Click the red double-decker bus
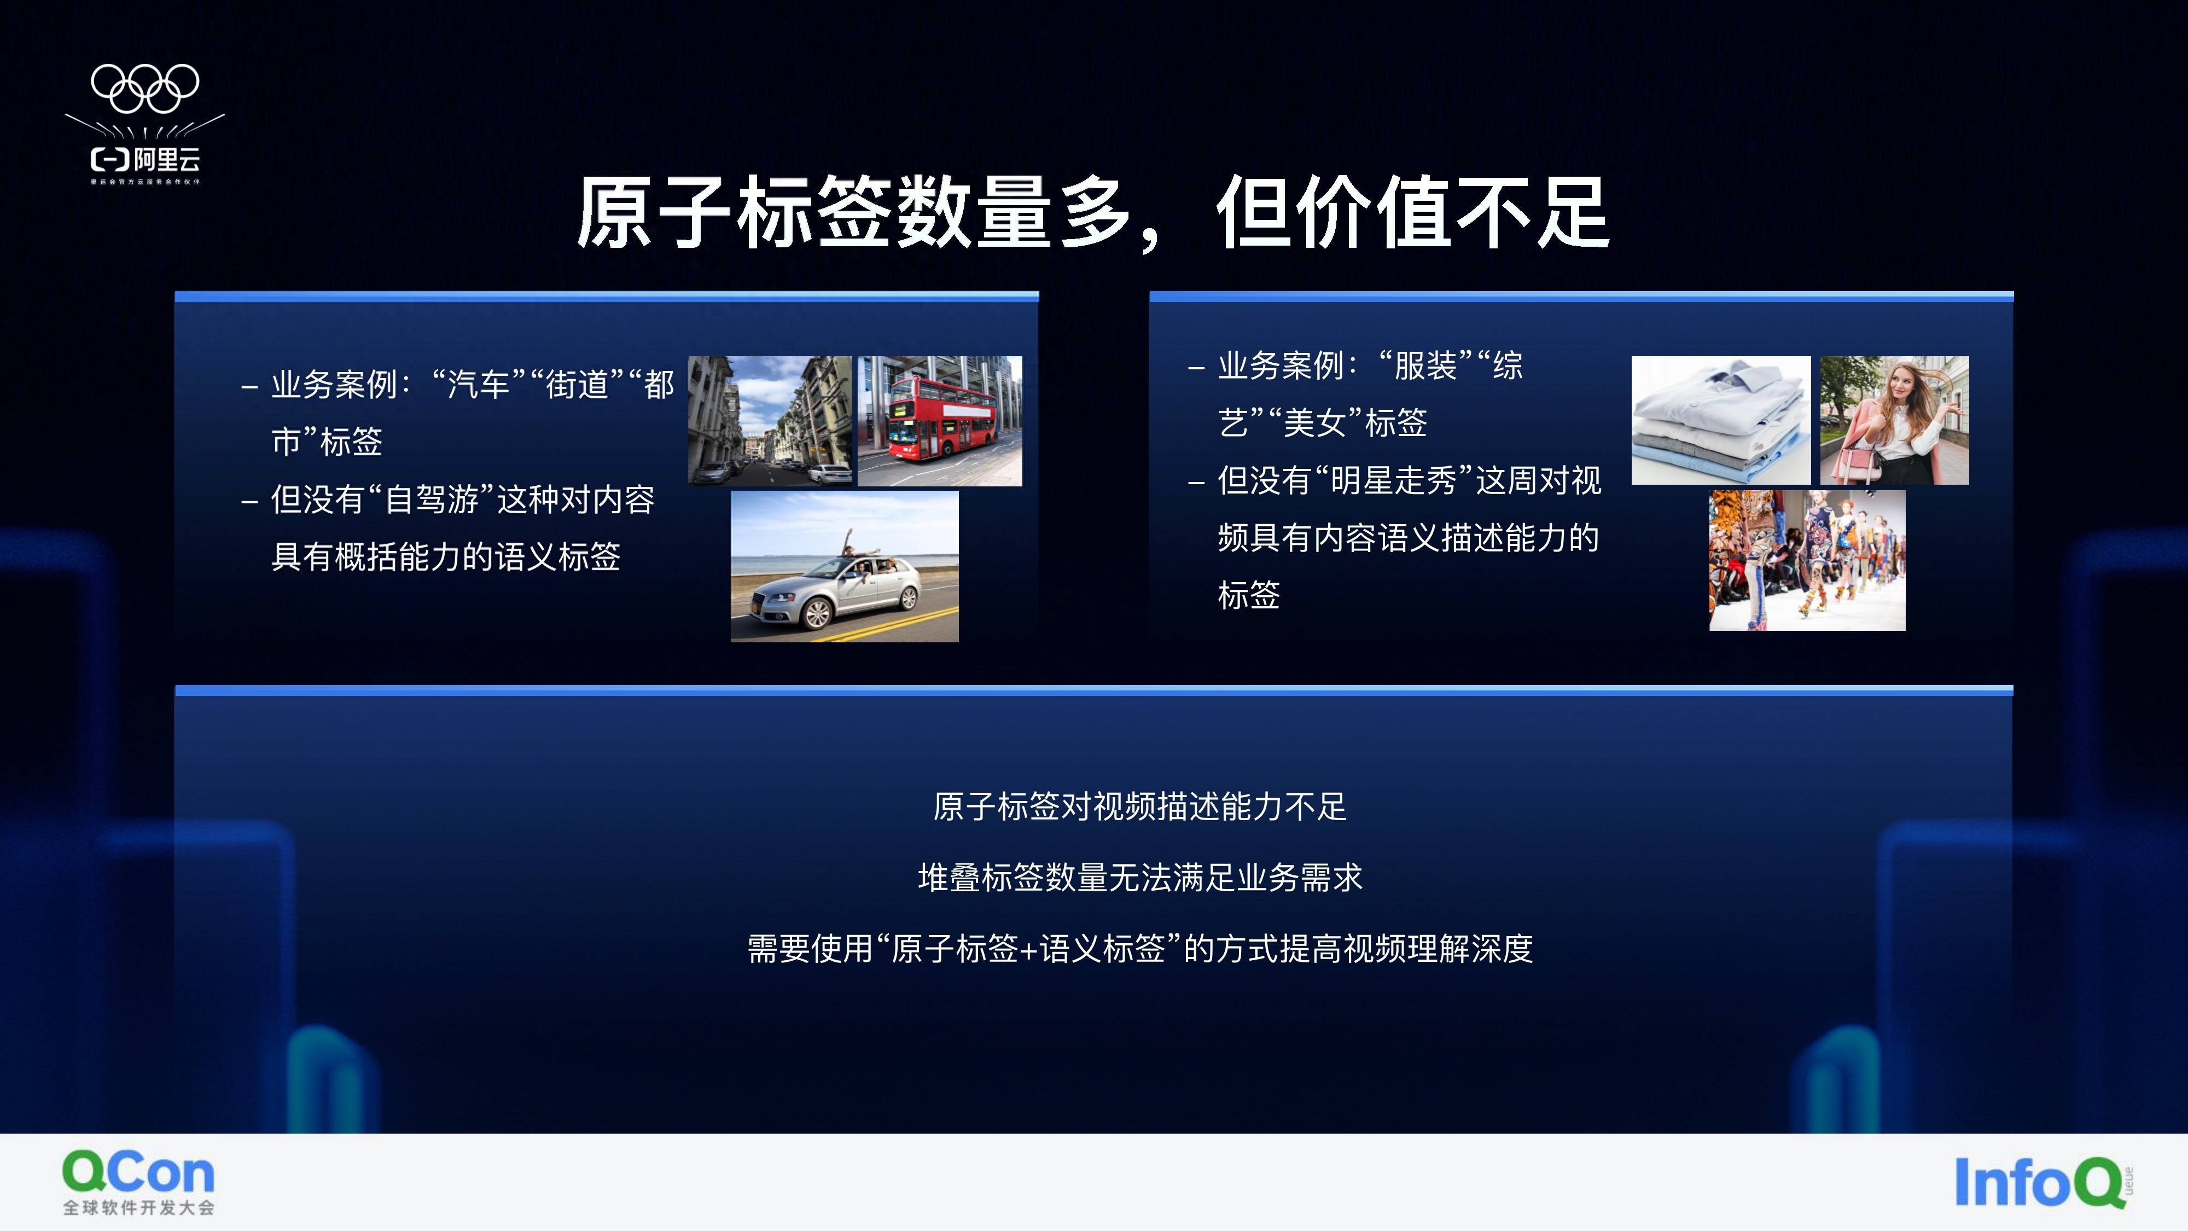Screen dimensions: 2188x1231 click(940, 421)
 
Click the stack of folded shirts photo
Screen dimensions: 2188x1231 click(1721, 421)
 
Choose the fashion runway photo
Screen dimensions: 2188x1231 click(1807, 561)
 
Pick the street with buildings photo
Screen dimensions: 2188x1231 click(770, 421)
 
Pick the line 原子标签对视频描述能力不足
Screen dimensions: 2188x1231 click(1140, 806)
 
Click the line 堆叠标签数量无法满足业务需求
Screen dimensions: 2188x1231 click(1140, 876)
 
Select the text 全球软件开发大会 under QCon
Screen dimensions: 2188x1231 click(138, 1208)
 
